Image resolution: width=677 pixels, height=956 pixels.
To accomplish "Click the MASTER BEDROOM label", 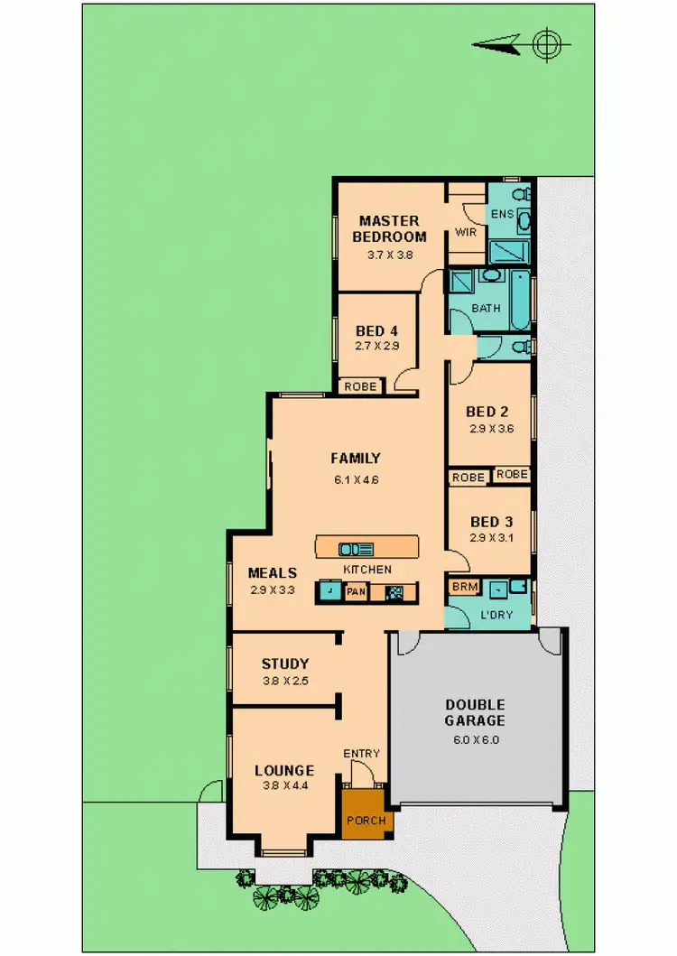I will tap(389, 228).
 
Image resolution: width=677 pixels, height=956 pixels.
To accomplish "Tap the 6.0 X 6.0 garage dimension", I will tap(474, 739).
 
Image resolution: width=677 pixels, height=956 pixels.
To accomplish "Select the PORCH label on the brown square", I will tap(366, 821).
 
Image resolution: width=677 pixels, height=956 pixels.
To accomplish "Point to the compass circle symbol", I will tap(546, 43).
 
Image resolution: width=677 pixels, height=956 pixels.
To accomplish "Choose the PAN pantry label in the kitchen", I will tap(355, 592).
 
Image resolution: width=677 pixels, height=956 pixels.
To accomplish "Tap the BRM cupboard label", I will tap(464, 587).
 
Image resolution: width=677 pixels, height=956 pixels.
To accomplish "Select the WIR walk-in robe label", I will tap(466, 232).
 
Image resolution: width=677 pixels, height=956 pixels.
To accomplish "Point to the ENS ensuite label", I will tap(501, 213).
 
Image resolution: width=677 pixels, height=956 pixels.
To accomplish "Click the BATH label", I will tap(486, 308).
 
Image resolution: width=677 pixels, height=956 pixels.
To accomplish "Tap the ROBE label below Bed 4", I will tap(361, 386).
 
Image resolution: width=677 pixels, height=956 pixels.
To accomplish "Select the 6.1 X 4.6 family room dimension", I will tap(355, 479).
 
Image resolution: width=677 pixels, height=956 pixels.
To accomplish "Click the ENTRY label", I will tap(361, 754).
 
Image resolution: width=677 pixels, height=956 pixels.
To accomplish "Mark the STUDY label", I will tap(285, 664).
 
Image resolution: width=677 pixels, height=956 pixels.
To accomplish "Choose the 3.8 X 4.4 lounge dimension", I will tap(283, 787).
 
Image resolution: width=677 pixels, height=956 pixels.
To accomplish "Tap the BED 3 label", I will tap(491, 522).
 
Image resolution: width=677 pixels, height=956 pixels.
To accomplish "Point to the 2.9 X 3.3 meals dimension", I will tap(272, 589).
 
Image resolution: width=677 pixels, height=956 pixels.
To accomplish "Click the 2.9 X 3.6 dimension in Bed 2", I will tap(491, 429).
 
